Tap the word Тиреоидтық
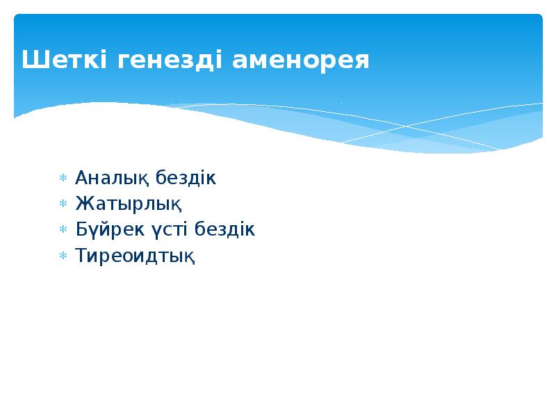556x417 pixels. pyautogui.click(x=135, y=256)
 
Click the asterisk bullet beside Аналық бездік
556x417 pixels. pyautogui.click(x=62, y=179)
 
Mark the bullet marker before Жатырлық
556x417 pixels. pyautogui.click(x=62, y=204)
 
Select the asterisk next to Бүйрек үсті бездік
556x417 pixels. pyautogui.click(x=62, y=230)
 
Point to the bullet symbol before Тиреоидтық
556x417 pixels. pyautogui.click(x=62, y=256)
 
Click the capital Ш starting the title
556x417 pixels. pyautogui.click(x=31, y=60)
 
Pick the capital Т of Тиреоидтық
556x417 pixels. pyautogui.click(x=80, y=255)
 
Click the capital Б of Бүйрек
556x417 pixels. pyautogui.click(x=80, y=229)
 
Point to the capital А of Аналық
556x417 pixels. pyautogui.click(x=81, y=178)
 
